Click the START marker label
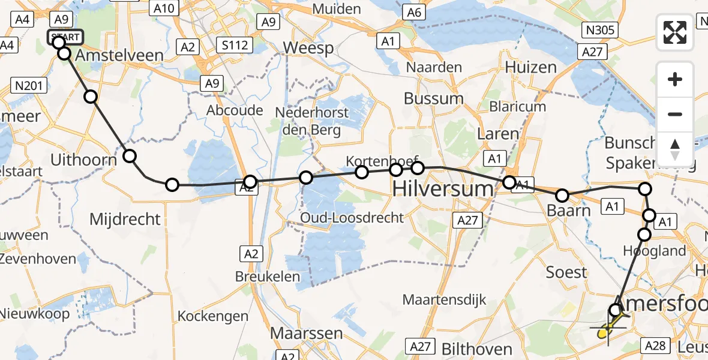tap(65, 37)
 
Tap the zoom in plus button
tap(675, 80)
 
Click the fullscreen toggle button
tap(675, 32)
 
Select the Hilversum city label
tap(443, 189)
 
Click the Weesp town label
tap(308, 48)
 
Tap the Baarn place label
tap(569, 211)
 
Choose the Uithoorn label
tap(83, 160)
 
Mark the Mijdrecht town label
tap(125, 220)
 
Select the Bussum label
tap(433, 98)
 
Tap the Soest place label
tap(566, 272)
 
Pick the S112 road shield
tap(233, 44)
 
